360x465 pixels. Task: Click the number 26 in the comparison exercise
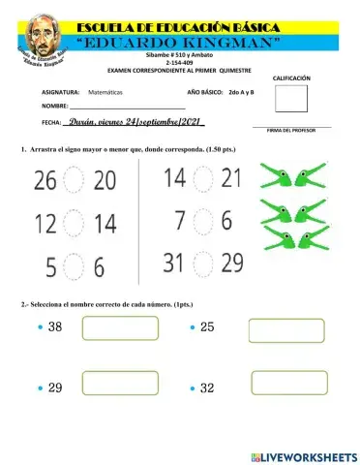[x=45, y=180]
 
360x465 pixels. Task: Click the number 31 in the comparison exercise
[x=174, y=262]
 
